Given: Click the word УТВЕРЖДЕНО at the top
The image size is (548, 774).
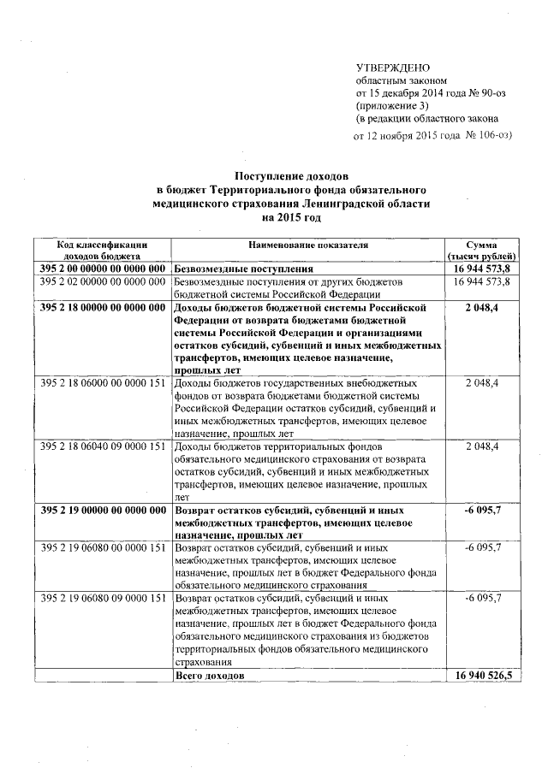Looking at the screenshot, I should pyautogui.click(x=393, y=68).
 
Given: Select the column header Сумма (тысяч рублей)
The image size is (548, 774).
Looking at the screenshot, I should pyautogui.click(x=481, y=250).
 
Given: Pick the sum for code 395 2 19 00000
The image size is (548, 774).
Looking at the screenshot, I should pyautogui.click(x=481, y=511).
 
